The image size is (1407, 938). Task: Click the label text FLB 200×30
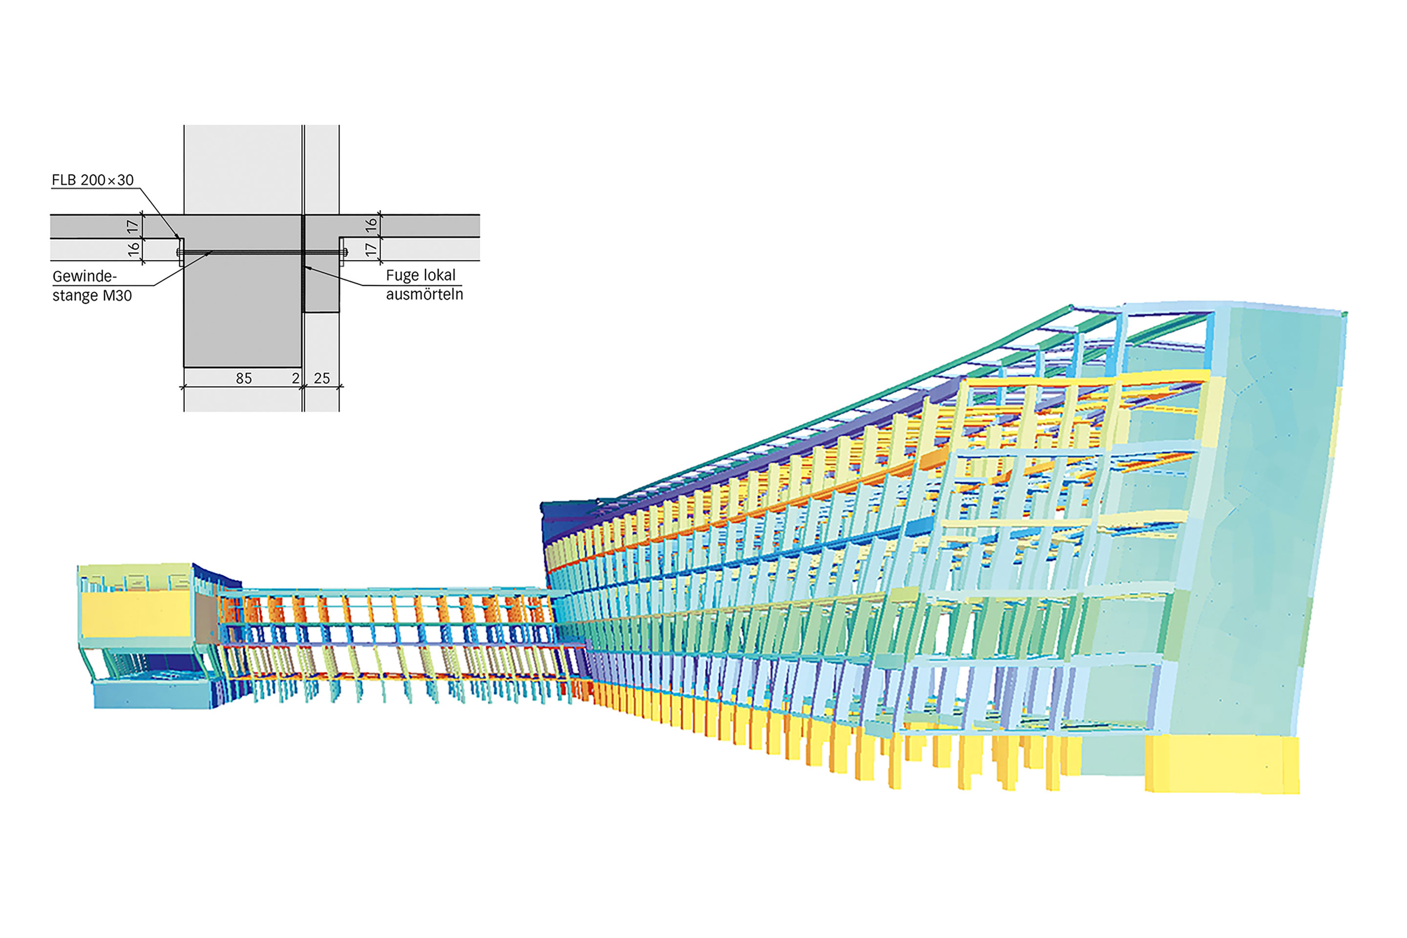tap(93, 180)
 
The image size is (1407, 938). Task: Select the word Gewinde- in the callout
tap(85, 277)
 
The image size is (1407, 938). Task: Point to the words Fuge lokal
tap(421, 275)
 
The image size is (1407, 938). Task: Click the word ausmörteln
tap(424, 294)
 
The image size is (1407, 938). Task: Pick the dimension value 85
tap(243, 378)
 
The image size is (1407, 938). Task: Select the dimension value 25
tap(322, 378)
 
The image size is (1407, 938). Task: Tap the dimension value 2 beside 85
tap(296, 378)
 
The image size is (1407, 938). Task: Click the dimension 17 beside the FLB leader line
tap(133, 227)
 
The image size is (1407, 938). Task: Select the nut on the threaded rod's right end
tap(344, 253)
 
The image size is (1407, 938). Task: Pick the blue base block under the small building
tap(152, 696)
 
